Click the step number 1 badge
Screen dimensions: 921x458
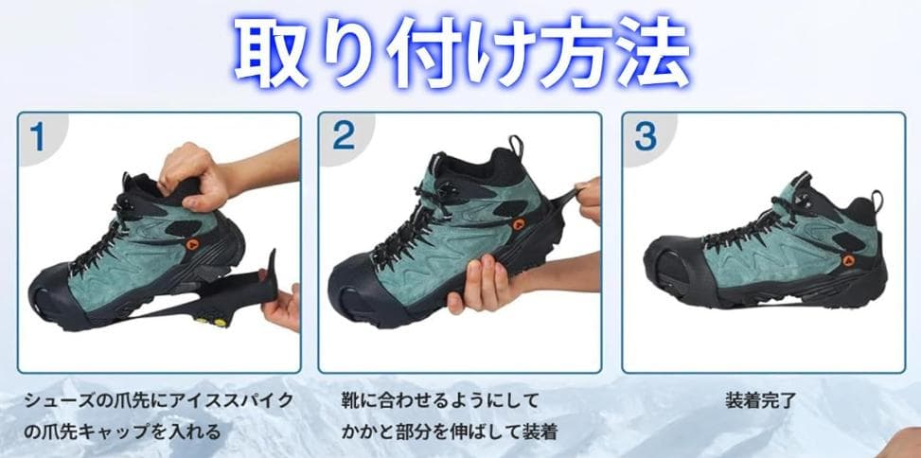point(38,137)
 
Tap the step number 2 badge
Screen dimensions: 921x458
point(344,137)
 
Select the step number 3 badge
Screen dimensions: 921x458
point(646,137)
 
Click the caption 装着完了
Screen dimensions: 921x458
point(761,401)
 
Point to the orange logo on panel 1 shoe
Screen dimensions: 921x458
point(192,244)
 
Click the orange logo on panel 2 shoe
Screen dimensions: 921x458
point(519,223)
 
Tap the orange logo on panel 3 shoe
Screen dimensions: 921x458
point(848,260)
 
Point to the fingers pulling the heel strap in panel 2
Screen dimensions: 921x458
point(589,200)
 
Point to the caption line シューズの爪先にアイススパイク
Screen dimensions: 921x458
point(159,401)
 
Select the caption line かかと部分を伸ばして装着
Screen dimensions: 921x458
point(450,432)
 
